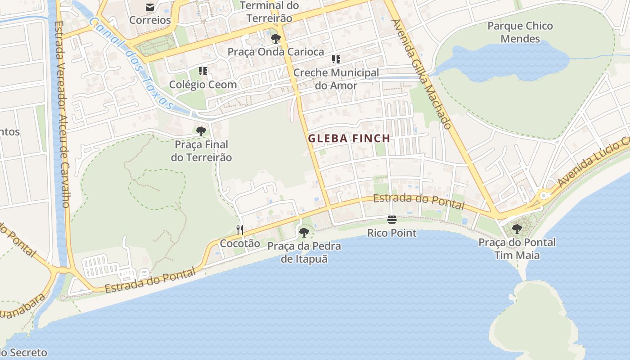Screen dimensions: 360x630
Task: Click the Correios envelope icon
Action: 150,7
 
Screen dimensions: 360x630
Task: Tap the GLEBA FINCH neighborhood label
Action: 349,139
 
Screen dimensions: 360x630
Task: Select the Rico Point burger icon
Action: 392,220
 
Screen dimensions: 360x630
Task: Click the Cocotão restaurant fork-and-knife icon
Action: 240,230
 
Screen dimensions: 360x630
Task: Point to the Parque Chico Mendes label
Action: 520,32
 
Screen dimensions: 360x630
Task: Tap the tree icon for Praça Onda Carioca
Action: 276,39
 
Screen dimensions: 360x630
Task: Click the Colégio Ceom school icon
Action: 203,71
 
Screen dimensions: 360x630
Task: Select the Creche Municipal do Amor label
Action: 336,79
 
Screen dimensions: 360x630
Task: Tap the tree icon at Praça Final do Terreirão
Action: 201,131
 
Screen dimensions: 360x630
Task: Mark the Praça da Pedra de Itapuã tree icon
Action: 304,233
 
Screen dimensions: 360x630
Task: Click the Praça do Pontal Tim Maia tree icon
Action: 517,229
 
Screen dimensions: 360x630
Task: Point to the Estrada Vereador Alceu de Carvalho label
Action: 61,115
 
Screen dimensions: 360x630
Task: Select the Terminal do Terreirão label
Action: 269,12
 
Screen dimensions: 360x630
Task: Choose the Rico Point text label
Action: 392,233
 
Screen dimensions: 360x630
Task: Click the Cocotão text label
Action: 240,243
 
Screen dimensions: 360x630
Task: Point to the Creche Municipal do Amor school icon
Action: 336,59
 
